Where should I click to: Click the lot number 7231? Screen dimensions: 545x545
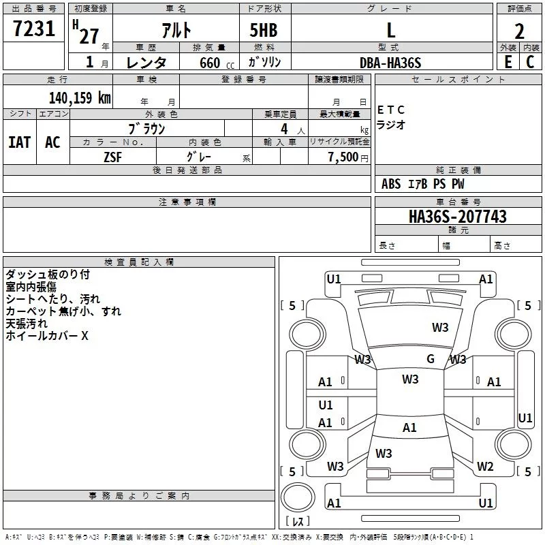[34, 29]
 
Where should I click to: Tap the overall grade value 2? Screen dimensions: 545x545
[519, 31]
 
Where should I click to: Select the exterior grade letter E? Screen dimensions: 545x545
[508, 62]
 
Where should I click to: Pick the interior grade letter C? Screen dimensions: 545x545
[530, 62]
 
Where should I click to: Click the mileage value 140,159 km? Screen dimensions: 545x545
[80, 98]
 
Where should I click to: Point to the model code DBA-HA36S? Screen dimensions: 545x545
[390, 63]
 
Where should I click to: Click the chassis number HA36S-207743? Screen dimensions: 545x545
[458, 217]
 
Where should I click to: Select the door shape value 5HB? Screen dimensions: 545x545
[264, 30]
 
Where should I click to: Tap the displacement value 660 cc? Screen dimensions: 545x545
[217, 63]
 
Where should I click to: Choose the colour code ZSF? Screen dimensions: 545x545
[112, 157]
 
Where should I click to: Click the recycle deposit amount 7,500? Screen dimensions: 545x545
[343, 157]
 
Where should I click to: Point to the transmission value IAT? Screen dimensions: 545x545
[20, 142]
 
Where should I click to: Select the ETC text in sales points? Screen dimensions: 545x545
[390, 110]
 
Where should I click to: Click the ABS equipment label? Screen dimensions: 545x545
[391, 184]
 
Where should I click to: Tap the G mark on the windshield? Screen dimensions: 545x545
[431, 358]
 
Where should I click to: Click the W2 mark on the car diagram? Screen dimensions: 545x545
[485, 466]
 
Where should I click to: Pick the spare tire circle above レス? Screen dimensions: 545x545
[298, 497]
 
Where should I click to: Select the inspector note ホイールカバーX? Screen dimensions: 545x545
[47, 336]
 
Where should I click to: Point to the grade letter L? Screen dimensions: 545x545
[391, 30]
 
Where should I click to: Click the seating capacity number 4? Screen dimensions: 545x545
[284, 129]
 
